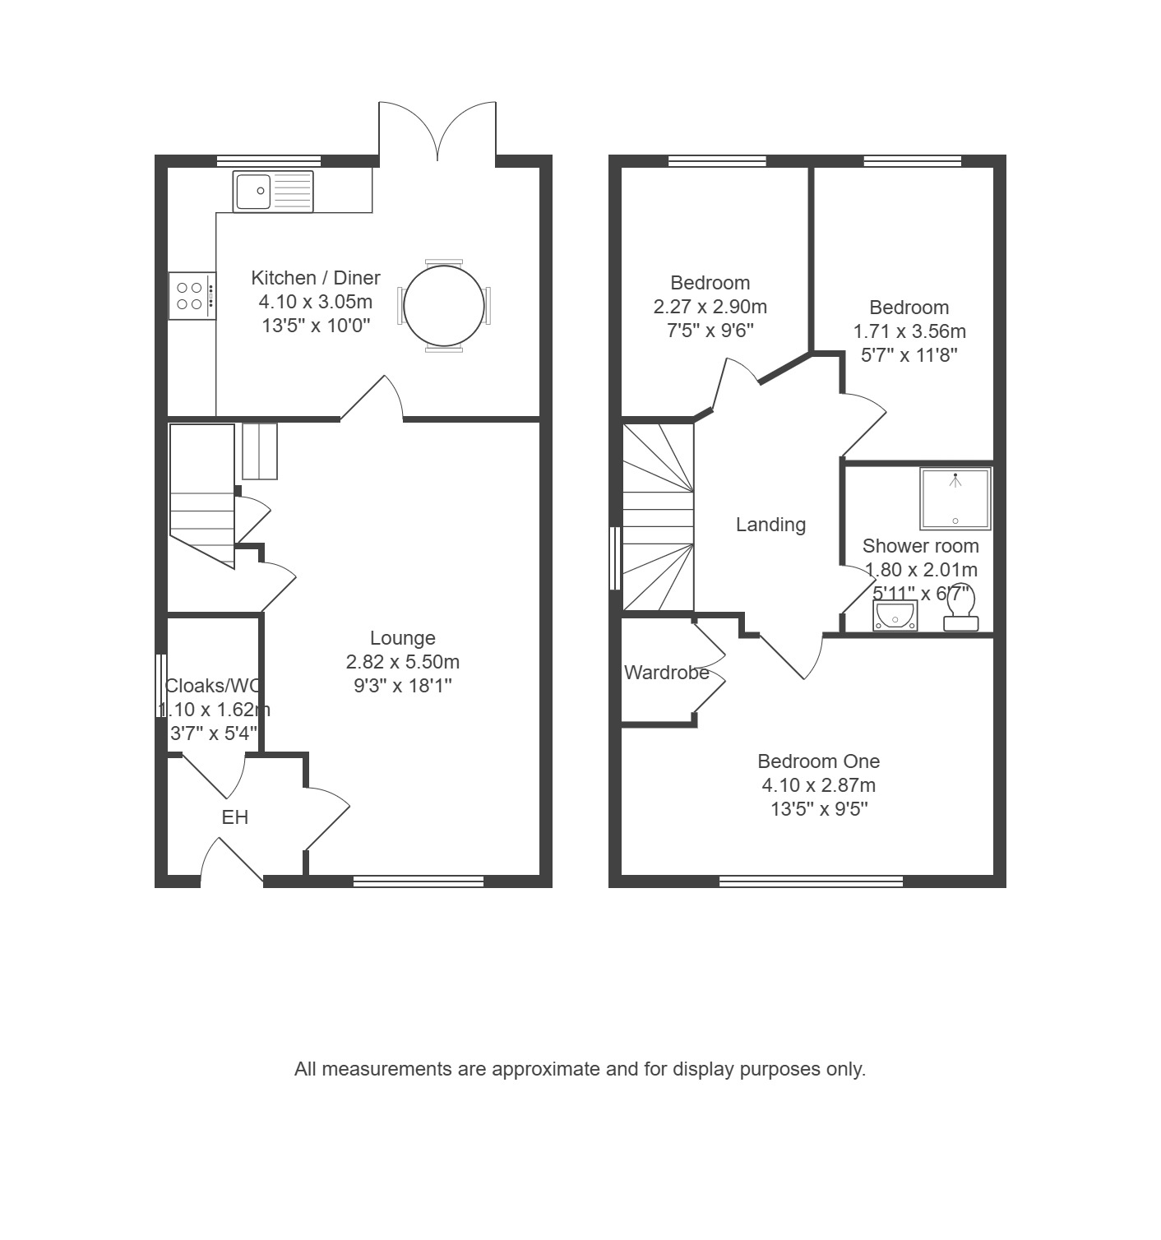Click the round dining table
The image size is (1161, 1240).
pyautogui.click(x=443, y=306)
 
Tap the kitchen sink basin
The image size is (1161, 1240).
pyautogui.click(x=253, y=191)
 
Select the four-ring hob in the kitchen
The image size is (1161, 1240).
pyautogui.click(x=192, y=296)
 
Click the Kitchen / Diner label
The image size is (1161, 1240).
pyautogui.click(x=316, y=277)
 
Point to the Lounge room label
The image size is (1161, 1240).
pyautogui.click(x=403, y=638)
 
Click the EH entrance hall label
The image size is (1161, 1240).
pyautogui.click(x=235, y=817)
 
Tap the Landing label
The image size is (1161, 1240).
pyautogui.click(x=770, y=525)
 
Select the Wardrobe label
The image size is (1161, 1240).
pyautogui.click(x=666, y=673)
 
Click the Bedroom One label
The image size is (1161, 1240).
pyautogui.click(x=819, y=761)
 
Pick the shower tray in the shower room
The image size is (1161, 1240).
pyautogui.click(x=955, y=498)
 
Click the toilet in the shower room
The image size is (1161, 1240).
pyautogui.click(x=961, y=608)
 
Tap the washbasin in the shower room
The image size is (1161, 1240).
pyautogui.click(x=895, y=616)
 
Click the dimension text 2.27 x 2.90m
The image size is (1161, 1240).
pyautogui.click(x=710, y=307)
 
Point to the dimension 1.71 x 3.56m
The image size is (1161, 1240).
pyautogui.click(x=909, y=331)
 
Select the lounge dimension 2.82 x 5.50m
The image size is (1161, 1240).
pyautogui.click(x=403, y=662)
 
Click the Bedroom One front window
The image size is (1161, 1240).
pyautogui.click(x=811, y=881)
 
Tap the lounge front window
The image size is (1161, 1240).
pyautogui.click(x=419, y=881)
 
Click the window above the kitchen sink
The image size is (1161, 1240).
pyautogui.click(x=269, y=161)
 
